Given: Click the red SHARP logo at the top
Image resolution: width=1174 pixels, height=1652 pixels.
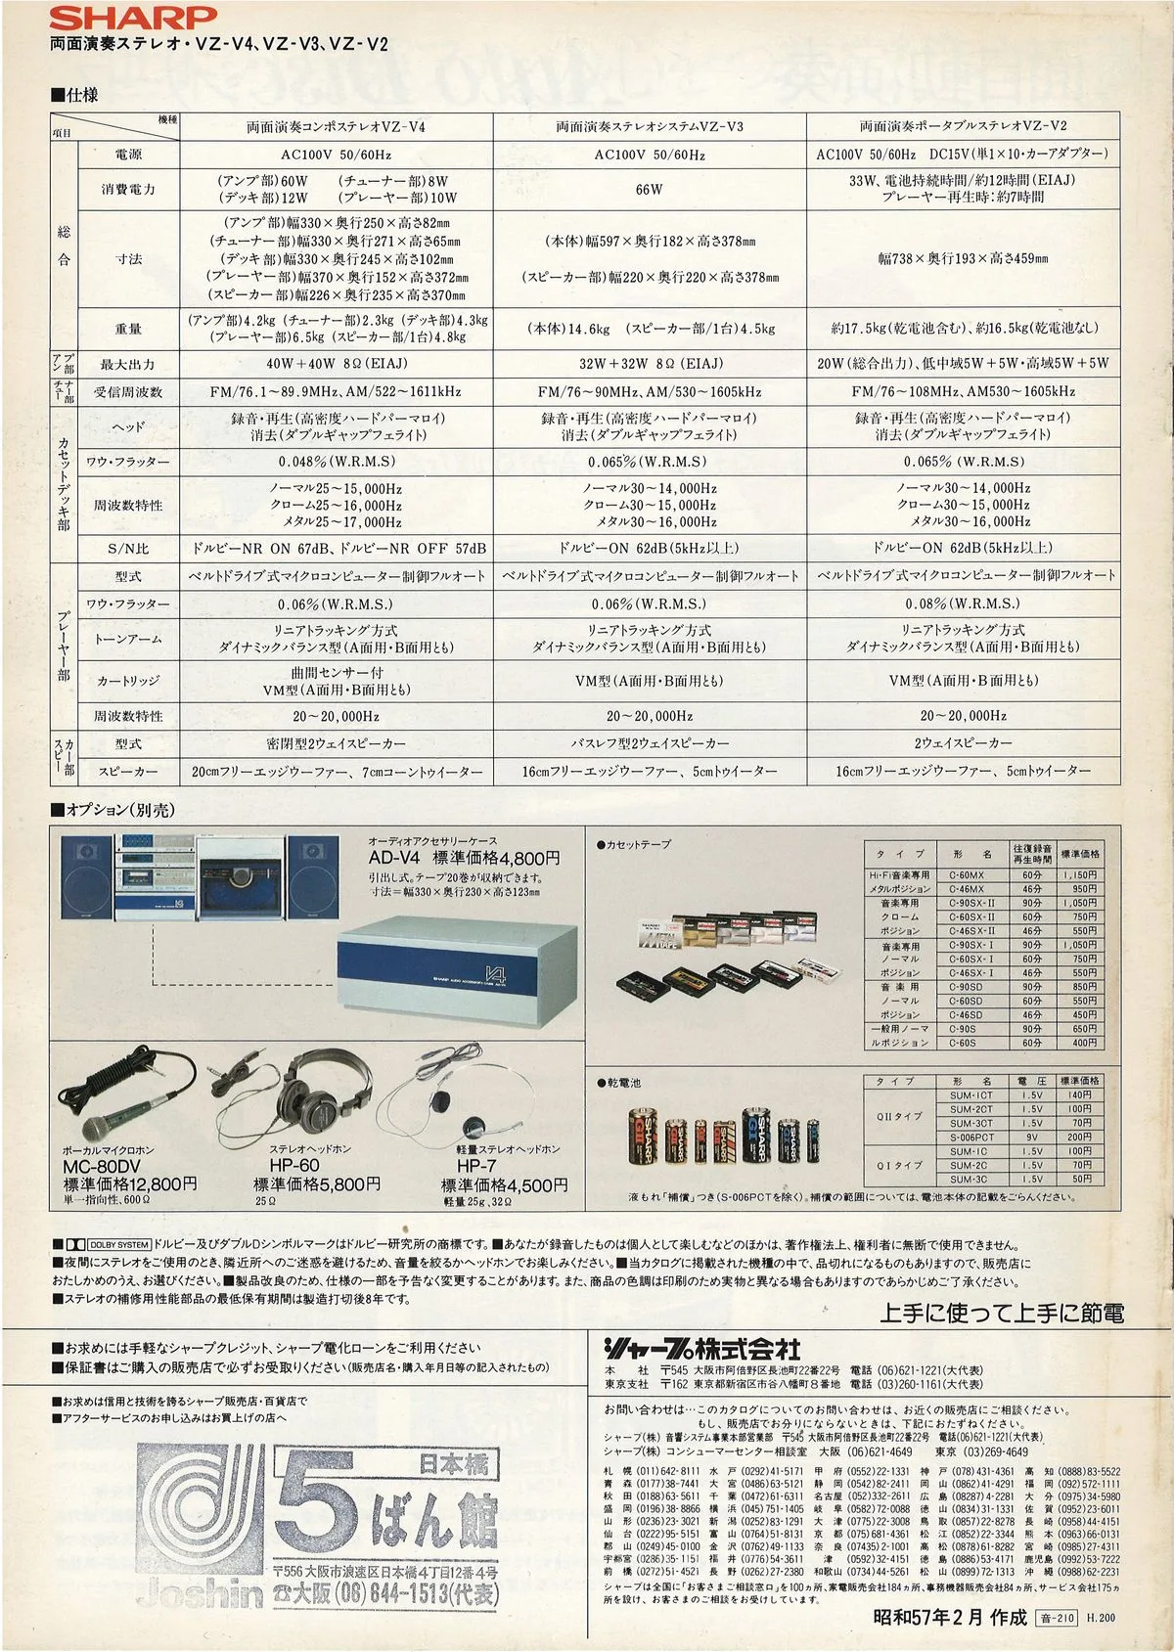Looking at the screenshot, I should [x=134, y=17].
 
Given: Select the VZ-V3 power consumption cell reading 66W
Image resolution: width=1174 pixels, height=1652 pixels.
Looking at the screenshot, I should [x=649, y=189].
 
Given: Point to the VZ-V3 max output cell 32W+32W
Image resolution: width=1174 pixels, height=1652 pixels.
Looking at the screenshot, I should [x=650, y=363].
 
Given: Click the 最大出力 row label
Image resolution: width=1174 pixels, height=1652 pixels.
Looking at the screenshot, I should [x=127, y=364].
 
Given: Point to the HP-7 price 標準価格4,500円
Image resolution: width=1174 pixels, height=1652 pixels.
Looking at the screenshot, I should [x=504, y=1184].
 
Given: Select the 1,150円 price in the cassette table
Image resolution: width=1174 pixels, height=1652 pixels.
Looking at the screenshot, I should [x=1078, y=874].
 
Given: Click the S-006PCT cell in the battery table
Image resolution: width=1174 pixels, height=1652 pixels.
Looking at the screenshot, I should [x=971, y=1137].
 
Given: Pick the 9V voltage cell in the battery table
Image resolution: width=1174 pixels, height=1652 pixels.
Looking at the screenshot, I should [x=1032, y=1137].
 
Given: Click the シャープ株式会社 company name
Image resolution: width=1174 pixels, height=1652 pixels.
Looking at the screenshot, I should [x=701, y=1348].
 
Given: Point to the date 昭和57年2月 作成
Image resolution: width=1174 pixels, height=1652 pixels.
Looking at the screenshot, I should [x=949, y=1618].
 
